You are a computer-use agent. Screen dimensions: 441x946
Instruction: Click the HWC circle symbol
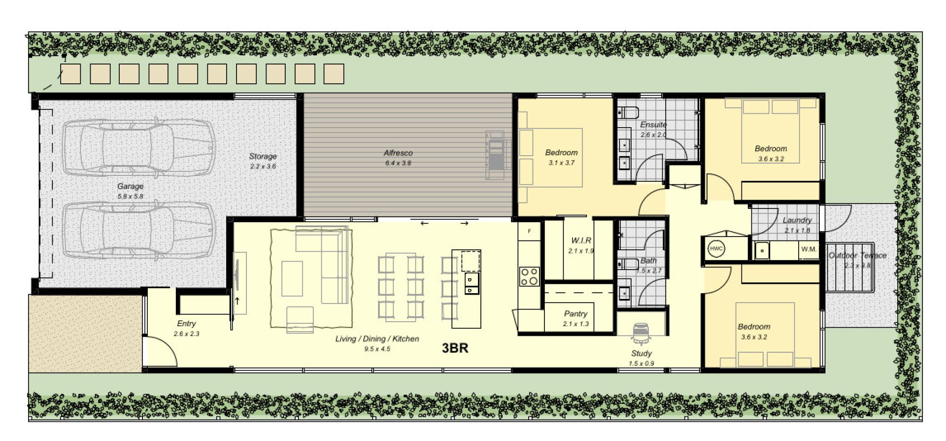pyautogui.click(x=716, y=249)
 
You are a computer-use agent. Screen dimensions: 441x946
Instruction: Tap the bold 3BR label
pyautogui.click(x=455, y=348)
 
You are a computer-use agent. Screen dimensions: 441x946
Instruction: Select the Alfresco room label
pyautogui.click(x=398, y=153)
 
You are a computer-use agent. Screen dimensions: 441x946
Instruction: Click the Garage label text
pyautogui.click(x=131, y=186)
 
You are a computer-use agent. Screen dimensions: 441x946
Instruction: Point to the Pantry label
pyautogui.click(x=575, y=314)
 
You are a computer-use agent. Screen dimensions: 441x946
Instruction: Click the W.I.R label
pyautogui.click(x=581, y=240)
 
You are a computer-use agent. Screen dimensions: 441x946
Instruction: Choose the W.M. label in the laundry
pyautogui.click(x=809, y=249)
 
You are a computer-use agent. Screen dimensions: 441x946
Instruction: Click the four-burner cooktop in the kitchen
pyautogui.click(x=530, y=276)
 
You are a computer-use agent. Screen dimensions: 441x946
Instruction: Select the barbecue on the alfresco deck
pyautogui.click(x=496, y=155)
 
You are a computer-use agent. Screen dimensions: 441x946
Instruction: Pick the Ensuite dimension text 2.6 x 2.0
pyautogui.click(x=653, y=135)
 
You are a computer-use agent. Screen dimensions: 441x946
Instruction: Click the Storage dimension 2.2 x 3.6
pyautogui.click(x=263, y=166)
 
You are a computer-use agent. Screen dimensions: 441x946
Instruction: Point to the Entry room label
pyautogui.click(x=186, y=324)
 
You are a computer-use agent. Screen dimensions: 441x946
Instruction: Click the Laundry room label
pyautogui.click(x=797, y=220)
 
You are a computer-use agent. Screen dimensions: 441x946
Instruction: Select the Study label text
pyautogui.click(x=641, y=353)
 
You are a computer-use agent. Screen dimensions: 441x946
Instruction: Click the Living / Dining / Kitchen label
pyautogui.click(x=377, y=339)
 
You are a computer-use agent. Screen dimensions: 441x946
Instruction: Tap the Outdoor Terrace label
pyautogui.click(x=857, y=255)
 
